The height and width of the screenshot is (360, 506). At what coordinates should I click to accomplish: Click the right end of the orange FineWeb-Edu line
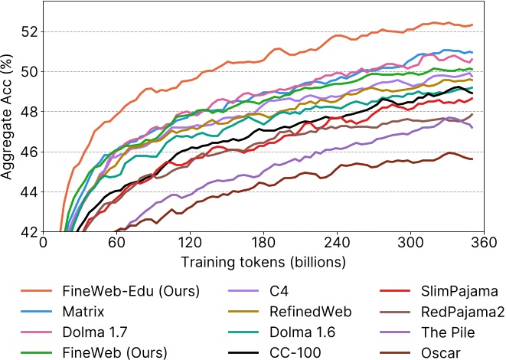coord(472,25)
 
